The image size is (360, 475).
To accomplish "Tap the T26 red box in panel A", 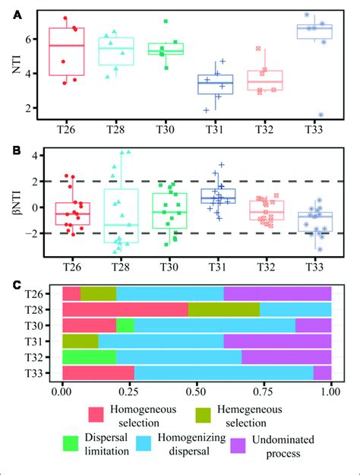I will (66, 52).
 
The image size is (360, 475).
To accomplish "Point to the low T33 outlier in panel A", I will (322, 115).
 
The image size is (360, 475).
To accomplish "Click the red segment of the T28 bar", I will (125, 309).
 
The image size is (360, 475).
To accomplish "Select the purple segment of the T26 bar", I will (277, 293).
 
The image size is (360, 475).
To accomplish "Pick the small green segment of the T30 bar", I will (125, 325).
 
